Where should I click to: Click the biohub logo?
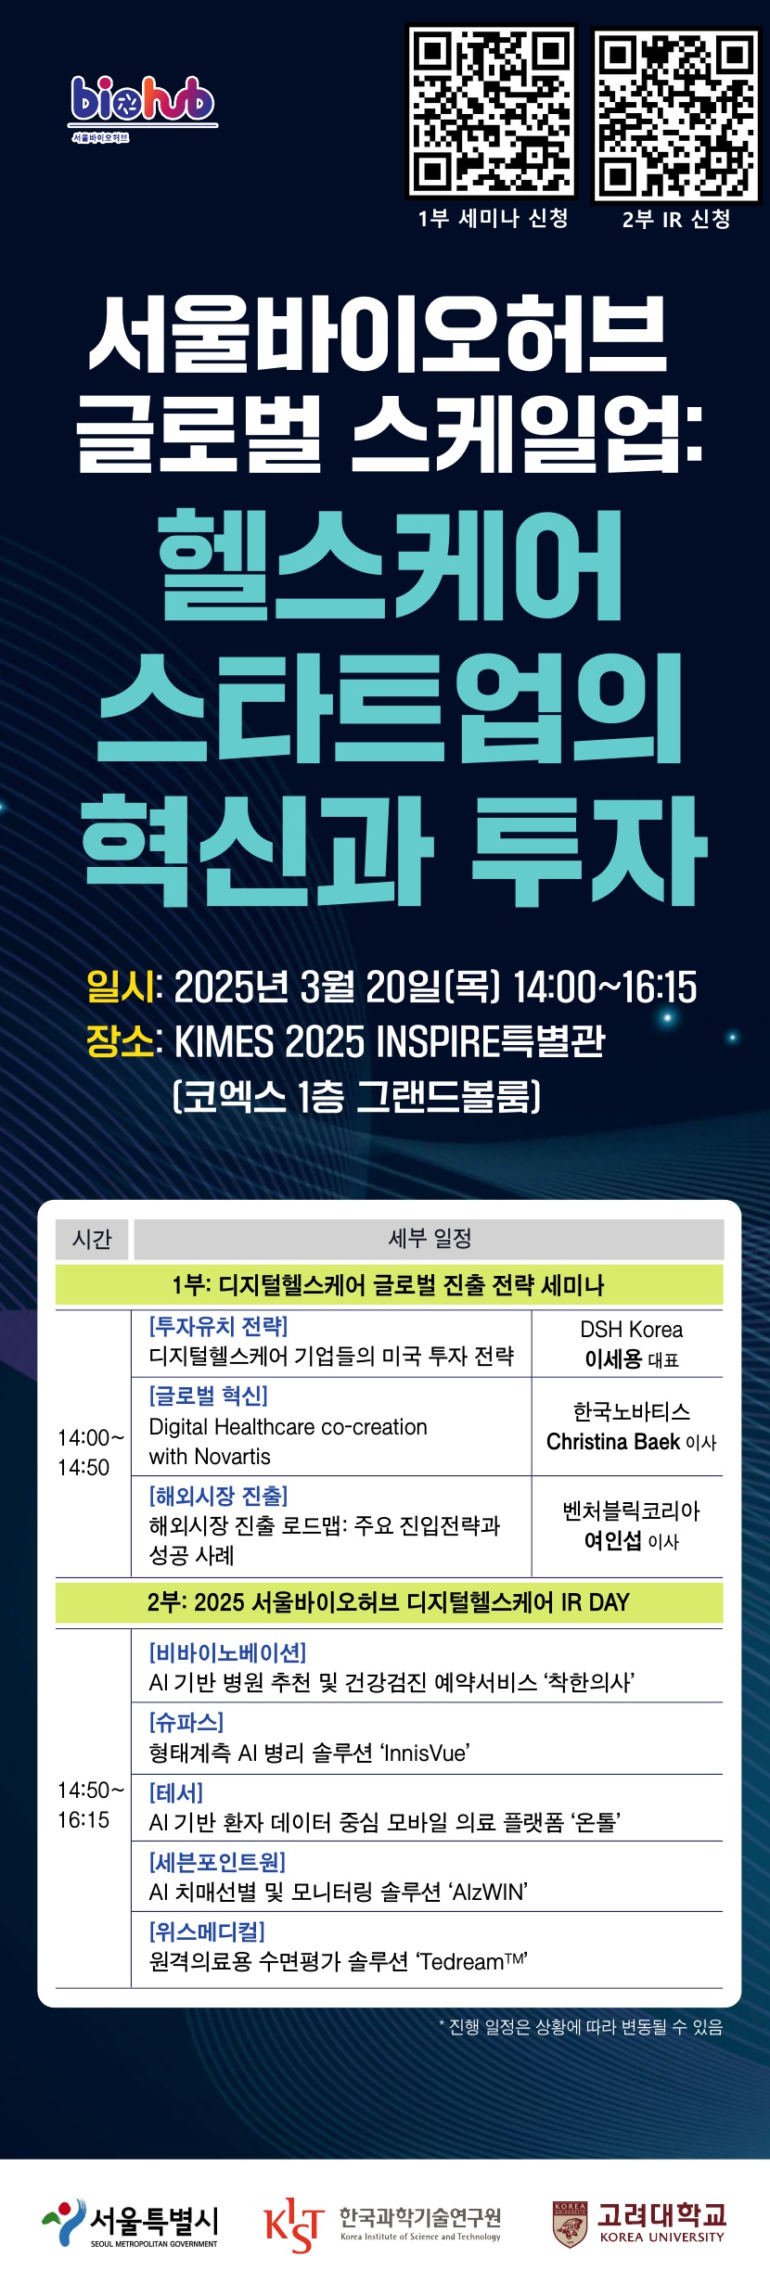click(144, 108)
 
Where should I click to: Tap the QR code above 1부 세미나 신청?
click(492, 111)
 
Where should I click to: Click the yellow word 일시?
click(120, 987)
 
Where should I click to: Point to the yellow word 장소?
click(120, 1040)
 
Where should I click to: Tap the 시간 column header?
click(92, 1239)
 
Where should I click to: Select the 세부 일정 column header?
click(430, 1239)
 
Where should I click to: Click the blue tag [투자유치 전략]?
click(219, 1326)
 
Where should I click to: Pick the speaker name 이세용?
click(613, 1359)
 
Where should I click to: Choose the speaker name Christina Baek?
click(613, 1442)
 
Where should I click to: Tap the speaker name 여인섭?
click(613, 1540)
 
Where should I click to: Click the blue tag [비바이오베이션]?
click(227, 1652)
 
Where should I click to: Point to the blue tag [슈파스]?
click(186, 1722)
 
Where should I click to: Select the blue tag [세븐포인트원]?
click(217, 1862)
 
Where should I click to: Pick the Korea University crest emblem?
click(570, 2225)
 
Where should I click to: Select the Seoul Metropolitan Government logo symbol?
click(63, 2223)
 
